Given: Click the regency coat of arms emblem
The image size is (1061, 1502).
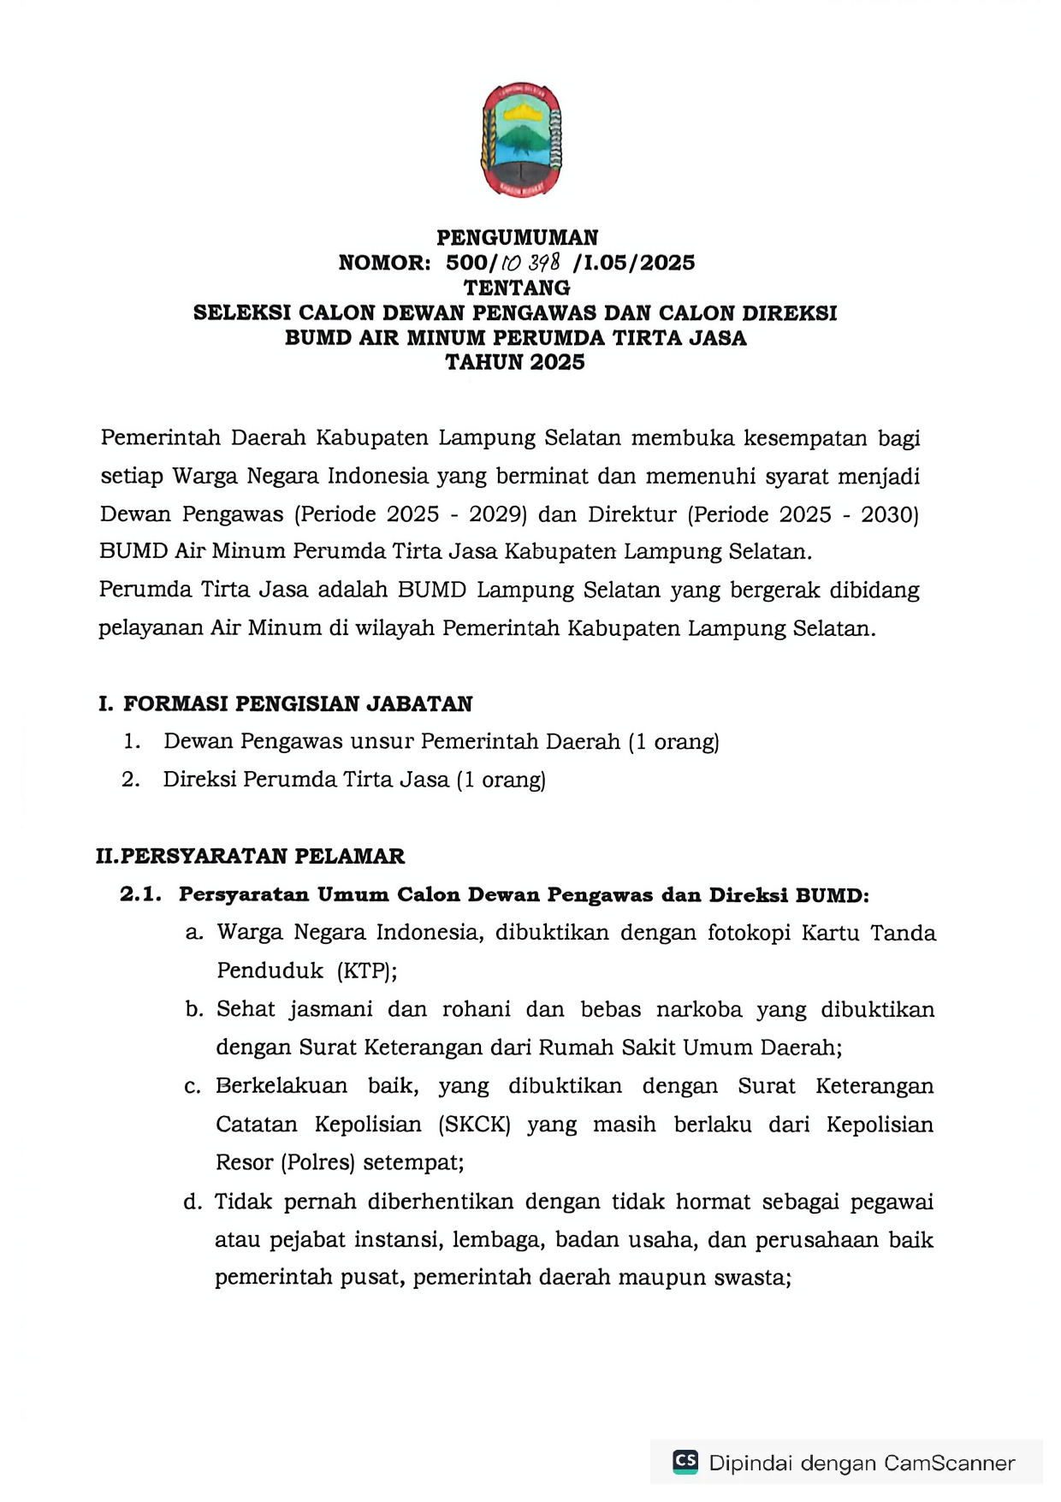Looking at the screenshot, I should click(x=521, y=140).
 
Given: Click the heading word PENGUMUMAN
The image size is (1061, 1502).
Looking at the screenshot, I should click(x=517, y=237).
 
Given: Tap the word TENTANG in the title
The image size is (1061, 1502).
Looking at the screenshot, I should click(x=517, y=288).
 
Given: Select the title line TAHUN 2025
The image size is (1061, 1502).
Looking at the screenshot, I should click(x=515, y=362).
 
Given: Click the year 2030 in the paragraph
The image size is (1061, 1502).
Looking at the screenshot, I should click(x=889, y=514).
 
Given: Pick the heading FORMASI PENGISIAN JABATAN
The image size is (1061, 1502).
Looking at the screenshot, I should click(x=297, y=704).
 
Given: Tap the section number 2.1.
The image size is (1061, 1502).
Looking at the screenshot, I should click(x=140, y=895).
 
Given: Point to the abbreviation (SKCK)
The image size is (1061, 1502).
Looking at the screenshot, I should click(x=474, y=1125).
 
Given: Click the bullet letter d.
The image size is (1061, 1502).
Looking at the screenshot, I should click(x=193, y=1202).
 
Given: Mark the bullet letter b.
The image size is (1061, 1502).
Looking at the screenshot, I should click(x=193, y=1010).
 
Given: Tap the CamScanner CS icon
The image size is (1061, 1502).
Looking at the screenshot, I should click(x=685, y=1462).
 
